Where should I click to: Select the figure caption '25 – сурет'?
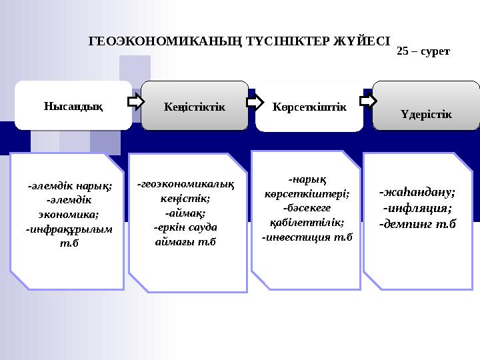pos(423,51)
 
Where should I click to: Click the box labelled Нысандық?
pos(73,105)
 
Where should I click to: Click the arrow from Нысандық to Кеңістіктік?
pos(136,102)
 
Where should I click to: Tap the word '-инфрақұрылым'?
pos(69,229)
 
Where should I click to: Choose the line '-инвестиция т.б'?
pos(307,237)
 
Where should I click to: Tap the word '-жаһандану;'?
pos(417,191)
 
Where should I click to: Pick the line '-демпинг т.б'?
pos(417,224)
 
